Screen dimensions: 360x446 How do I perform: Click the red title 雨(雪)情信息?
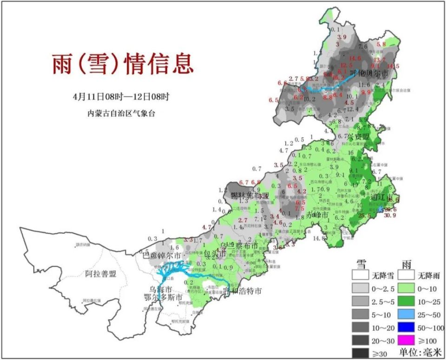click(122, 64)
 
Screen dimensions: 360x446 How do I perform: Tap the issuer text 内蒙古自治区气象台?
click(121, 113)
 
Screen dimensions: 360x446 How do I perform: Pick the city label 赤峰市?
click(318, 216)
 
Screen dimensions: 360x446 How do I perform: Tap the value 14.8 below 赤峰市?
click(319, 238)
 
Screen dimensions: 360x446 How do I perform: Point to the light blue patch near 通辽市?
click(381, 210)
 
